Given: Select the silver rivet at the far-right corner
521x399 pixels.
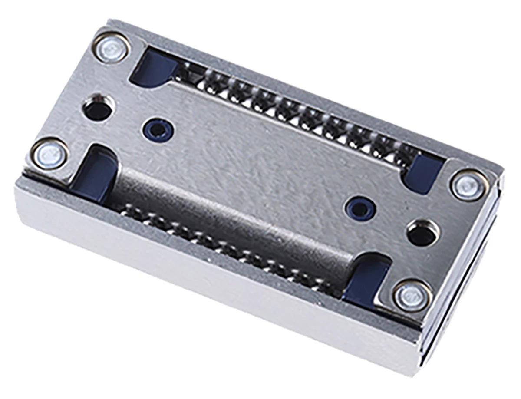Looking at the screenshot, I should tap(469, 185).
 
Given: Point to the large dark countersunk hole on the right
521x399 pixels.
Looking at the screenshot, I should tap(422, 234).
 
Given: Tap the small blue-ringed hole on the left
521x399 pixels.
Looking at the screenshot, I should tap(158, 130).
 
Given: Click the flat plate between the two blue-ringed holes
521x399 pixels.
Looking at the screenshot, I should tap(260, 165).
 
